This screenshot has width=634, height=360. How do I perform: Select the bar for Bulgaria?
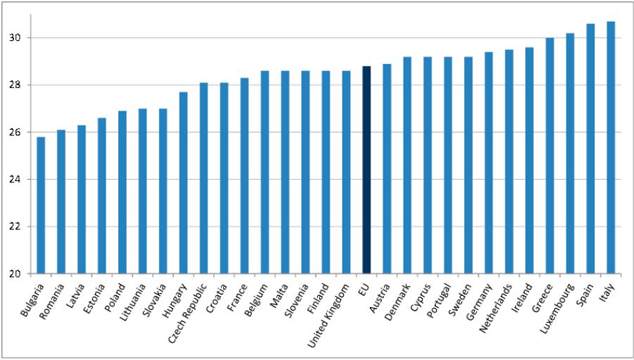point(41,205)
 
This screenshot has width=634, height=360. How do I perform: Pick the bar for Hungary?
point(183,182)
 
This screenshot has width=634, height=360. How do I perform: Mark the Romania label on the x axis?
point(53,299)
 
